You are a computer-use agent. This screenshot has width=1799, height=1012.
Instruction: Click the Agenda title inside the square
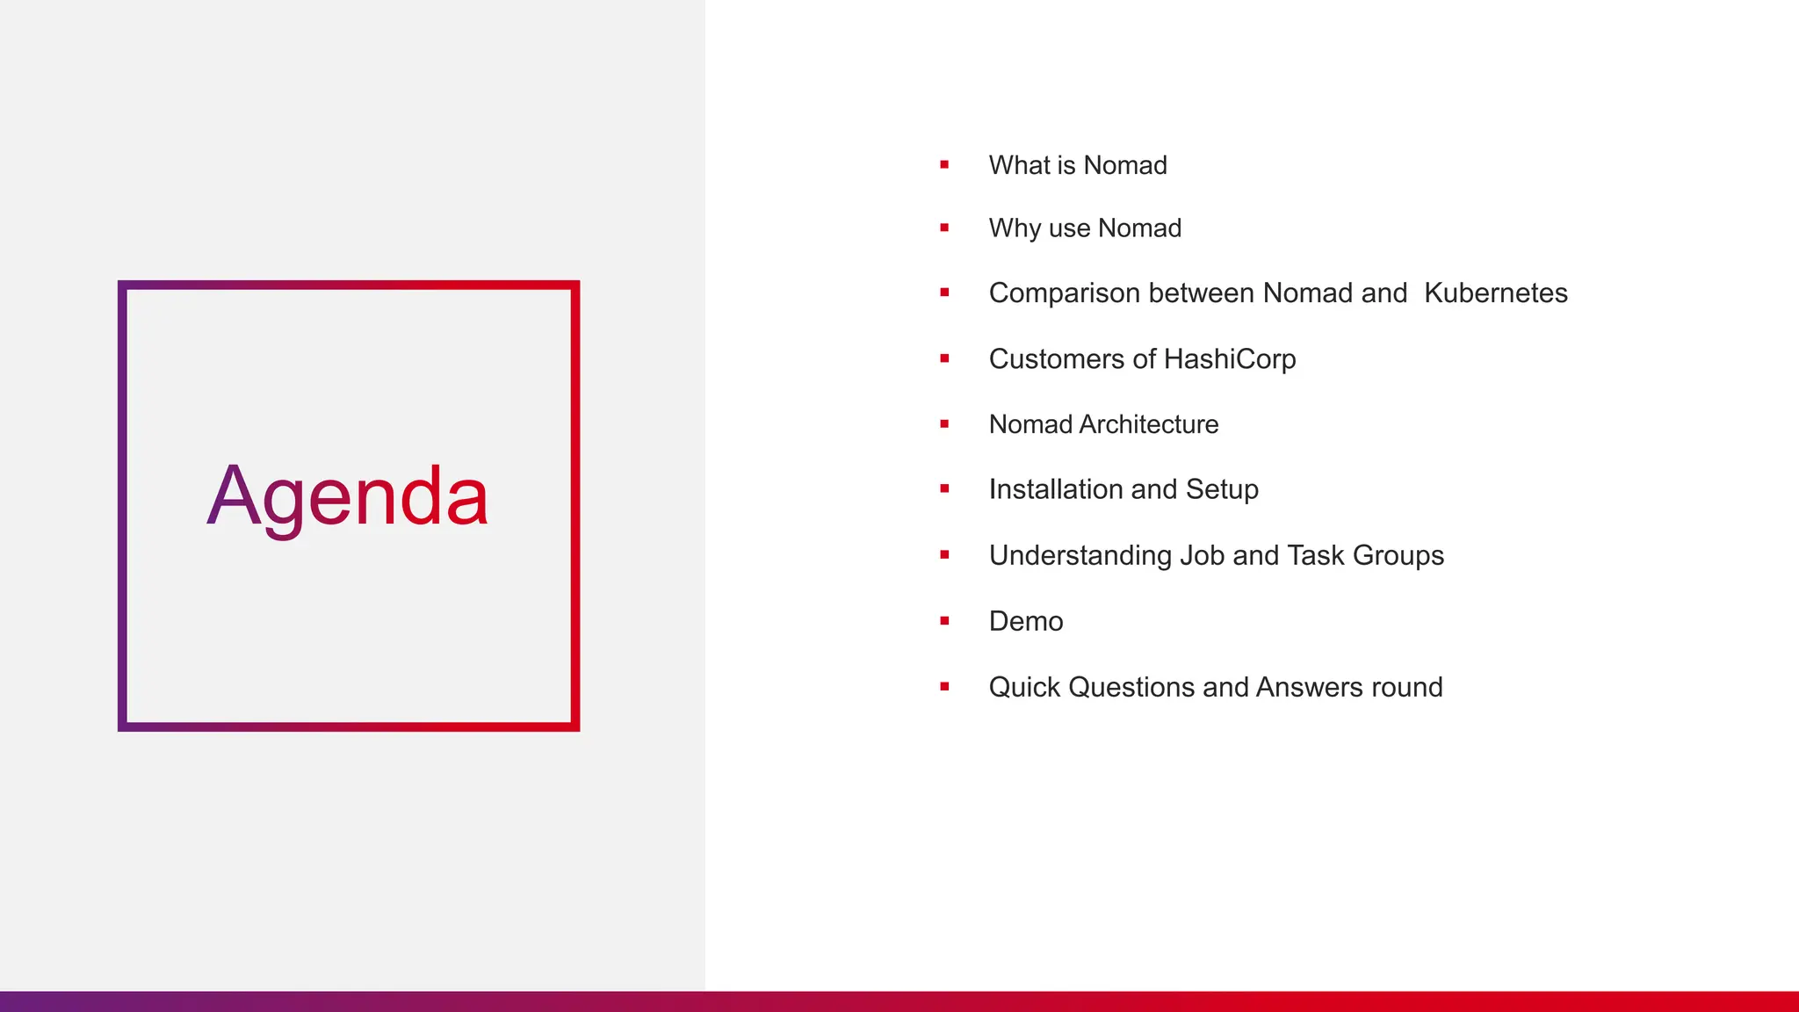pyautogui.click(x=348, y=497)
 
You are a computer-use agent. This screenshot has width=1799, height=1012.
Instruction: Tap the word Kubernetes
pyautogui.click(x=1495, y=293)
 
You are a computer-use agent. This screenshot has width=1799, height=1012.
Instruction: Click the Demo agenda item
pyautogui.click(x=1026, y=621)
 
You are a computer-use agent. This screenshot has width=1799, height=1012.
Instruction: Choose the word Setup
pyautogui.click(x=1222, y=489)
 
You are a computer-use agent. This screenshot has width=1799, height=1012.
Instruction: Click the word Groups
pyautogui.click(x=1398, y=556)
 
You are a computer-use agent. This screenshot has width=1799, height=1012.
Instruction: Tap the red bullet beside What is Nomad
pyautogui.click(x=944, y=164)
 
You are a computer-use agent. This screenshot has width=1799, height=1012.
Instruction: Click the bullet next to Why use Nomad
pyautogui.click(x=944, y=228)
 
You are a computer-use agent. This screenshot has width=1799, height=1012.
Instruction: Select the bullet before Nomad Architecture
pyautogui.click(x=944, y=424)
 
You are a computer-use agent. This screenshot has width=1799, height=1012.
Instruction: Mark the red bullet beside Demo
pyautogui.click(x=944, y=621)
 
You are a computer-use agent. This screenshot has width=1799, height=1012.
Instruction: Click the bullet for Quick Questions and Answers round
pyautogui.click(x=944, y=687)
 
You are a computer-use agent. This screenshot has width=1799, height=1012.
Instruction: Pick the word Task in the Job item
pyautogui.click(x=1315, y=555)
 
